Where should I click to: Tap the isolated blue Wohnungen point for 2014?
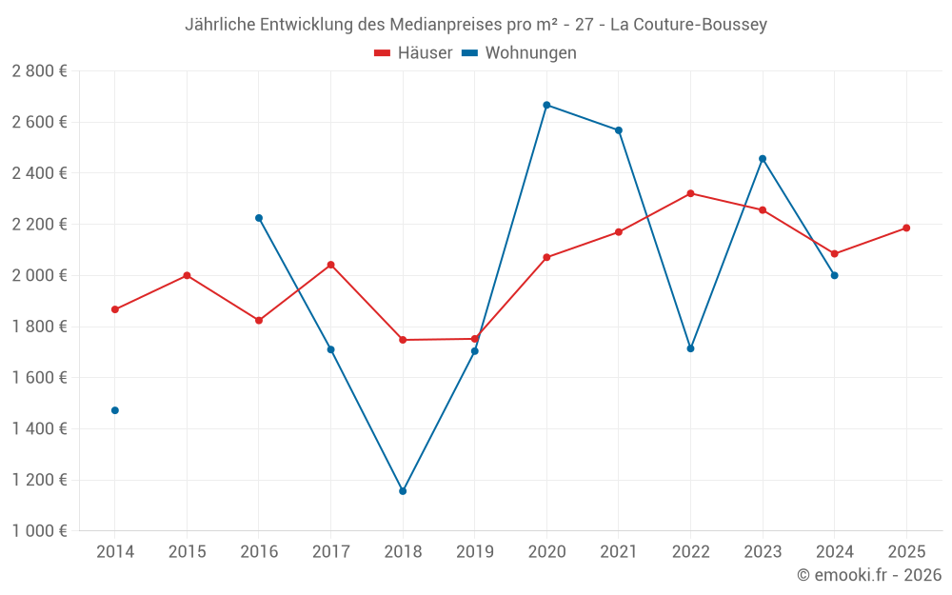click(115, 410)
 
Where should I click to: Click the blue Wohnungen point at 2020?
click(546, 105)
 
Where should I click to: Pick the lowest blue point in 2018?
click(403, 491)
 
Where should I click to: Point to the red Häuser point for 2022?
click(690, 193)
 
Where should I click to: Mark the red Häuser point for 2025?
click(906, 228)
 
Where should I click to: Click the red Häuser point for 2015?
click(187, 275)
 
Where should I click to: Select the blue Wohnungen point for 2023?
click(763, 159)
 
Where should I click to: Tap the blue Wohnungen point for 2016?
click(259, 218)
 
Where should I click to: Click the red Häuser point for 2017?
click(330, 265)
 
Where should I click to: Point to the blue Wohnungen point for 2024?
click(834, 275)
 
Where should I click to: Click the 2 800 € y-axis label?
click(39, 71)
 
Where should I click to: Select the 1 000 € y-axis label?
click(39, 531)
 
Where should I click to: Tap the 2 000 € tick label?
click(39, 275)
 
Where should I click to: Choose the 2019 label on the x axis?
click(474, 552)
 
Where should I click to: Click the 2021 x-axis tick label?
click(619, 552)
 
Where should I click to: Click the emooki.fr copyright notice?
click(869, 575)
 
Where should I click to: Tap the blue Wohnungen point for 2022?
click(690, 348)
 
